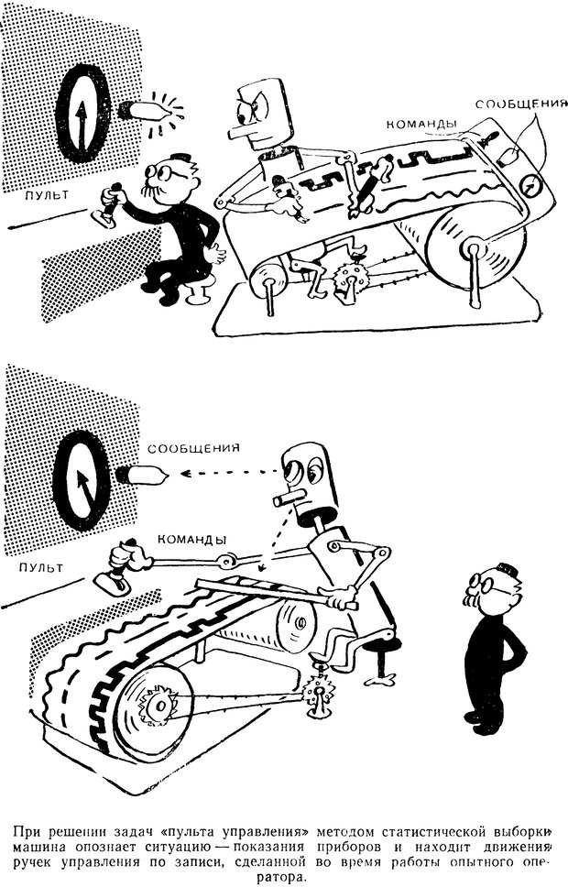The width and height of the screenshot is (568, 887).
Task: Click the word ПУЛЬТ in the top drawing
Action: click(x=46, y=195)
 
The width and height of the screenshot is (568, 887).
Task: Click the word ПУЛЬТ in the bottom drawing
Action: click(x=40, y=567)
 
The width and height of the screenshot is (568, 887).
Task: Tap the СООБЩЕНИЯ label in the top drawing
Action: click(x=520, y=104)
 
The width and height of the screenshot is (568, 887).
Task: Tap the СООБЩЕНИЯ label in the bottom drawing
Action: click(x=194, y=448)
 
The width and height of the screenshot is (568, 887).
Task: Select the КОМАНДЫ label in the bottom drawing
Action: click(x=192, y=539)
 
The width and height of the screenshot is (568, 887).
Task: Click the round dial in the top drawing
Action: click(x=82, y=113)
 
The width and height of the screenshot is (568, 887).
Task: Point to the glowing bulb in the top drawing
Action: click(x=144, y=110)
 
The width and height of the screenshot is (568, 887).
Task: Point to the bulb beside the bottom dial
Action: click(x=141, y=475)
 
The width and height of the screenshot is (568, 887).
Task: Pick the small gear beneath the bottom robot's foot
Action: click(x=317, y=691)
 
